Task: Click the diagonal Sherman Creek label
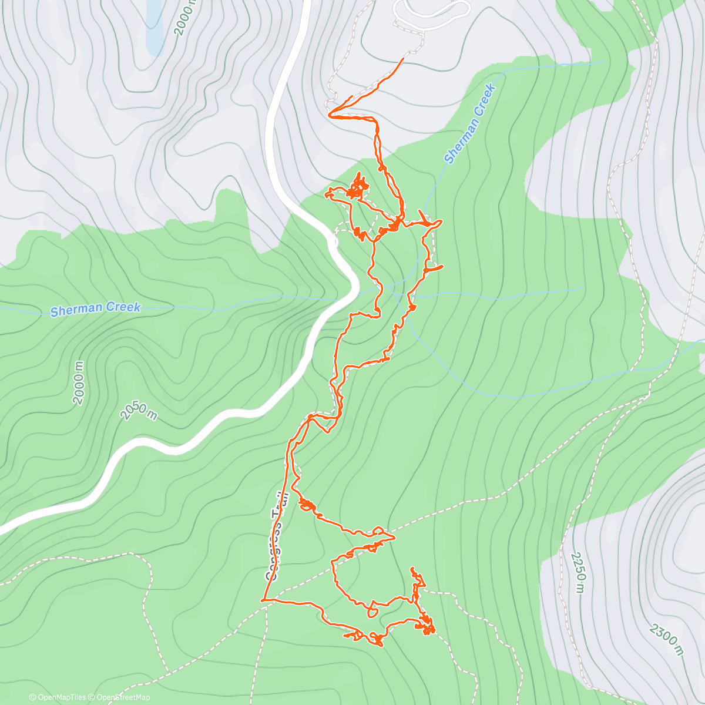tap(470, 124)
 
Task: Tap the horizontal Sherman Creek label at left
tap(95, 309)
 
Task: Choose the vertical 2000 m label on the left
tap(79, 382)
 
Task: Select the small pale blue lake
tap(154, 26)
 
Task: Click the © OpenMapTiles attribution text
tap(58, 697)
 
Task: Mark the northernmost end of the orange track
tap(403, 59)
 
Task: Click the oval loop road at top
tap(432, 13)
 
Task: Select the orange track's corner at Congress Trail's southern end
tap(263, 600)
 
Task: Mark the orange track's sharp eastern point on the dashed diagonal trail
tap(394, 537)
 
